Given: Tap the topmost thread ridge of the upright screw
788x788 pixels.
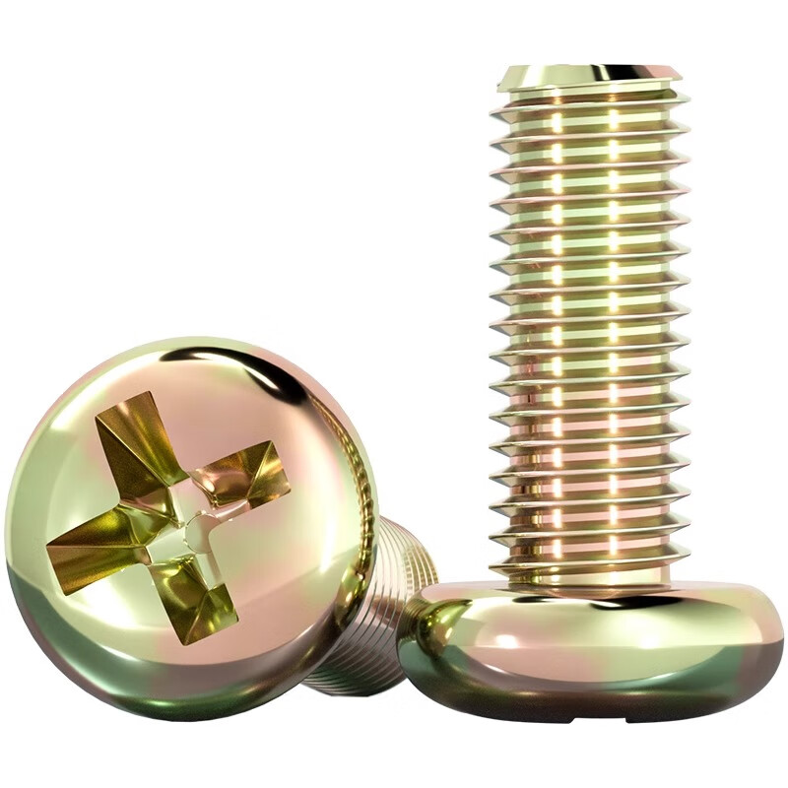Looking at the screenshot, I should [x=589, y=99].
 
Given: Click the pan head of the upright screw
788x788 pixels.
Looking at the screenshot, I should [x=591, y=650].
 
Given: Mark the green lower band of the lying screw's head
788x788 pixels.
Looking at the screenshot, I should [x=148, y=680].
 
